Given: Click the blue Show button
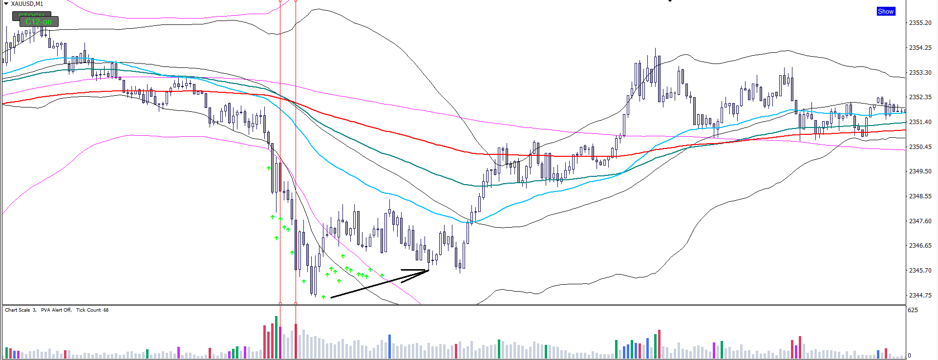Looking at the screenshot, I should click(x=886, y=11).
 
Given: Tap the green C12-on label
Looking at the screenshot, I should click(x=39, y=22).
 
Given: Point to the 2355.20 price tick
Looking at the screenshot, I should click(x=920, y=23).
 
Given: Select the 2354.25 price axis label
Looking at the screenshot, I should click(x=920, y=48).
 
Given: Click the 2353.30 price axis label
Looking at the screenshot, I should click(x=920, y=73).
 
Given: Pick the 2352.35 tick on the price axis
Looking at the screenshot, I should click(x=920, y=97).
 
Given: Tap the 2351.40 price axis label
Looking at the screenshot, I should click(x=920, y=122).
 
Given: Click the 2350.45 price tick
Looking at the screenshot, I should click(x=920, y=147).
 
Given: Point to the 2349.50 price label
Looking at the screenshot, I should click(x=920, y=171).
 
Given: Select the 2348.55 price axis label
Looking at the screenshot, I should click(x=920, y=196).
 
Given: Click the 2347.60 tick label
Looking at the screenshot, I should click(x=920, y=221).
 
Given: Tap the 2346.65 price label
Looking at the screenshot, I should click(x=920, y=246).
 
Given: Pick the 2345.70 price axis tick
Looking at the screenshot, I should click(x=920, y=271).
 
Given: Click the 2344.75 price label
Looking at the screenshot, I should click(x=920, y=296).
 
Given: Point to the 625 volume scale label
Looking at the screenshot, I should click(x=913, y=310).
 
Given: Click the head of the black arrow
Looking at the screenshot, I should click(x=428, y=270).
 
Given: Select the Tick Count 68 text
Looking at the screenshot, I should click(x=92, y=310).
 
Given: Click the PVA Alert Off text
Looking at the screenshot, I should click(x=56, y=310).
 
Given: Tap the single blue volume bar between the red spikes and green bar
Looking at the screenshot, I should click(x=389, y=346).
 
